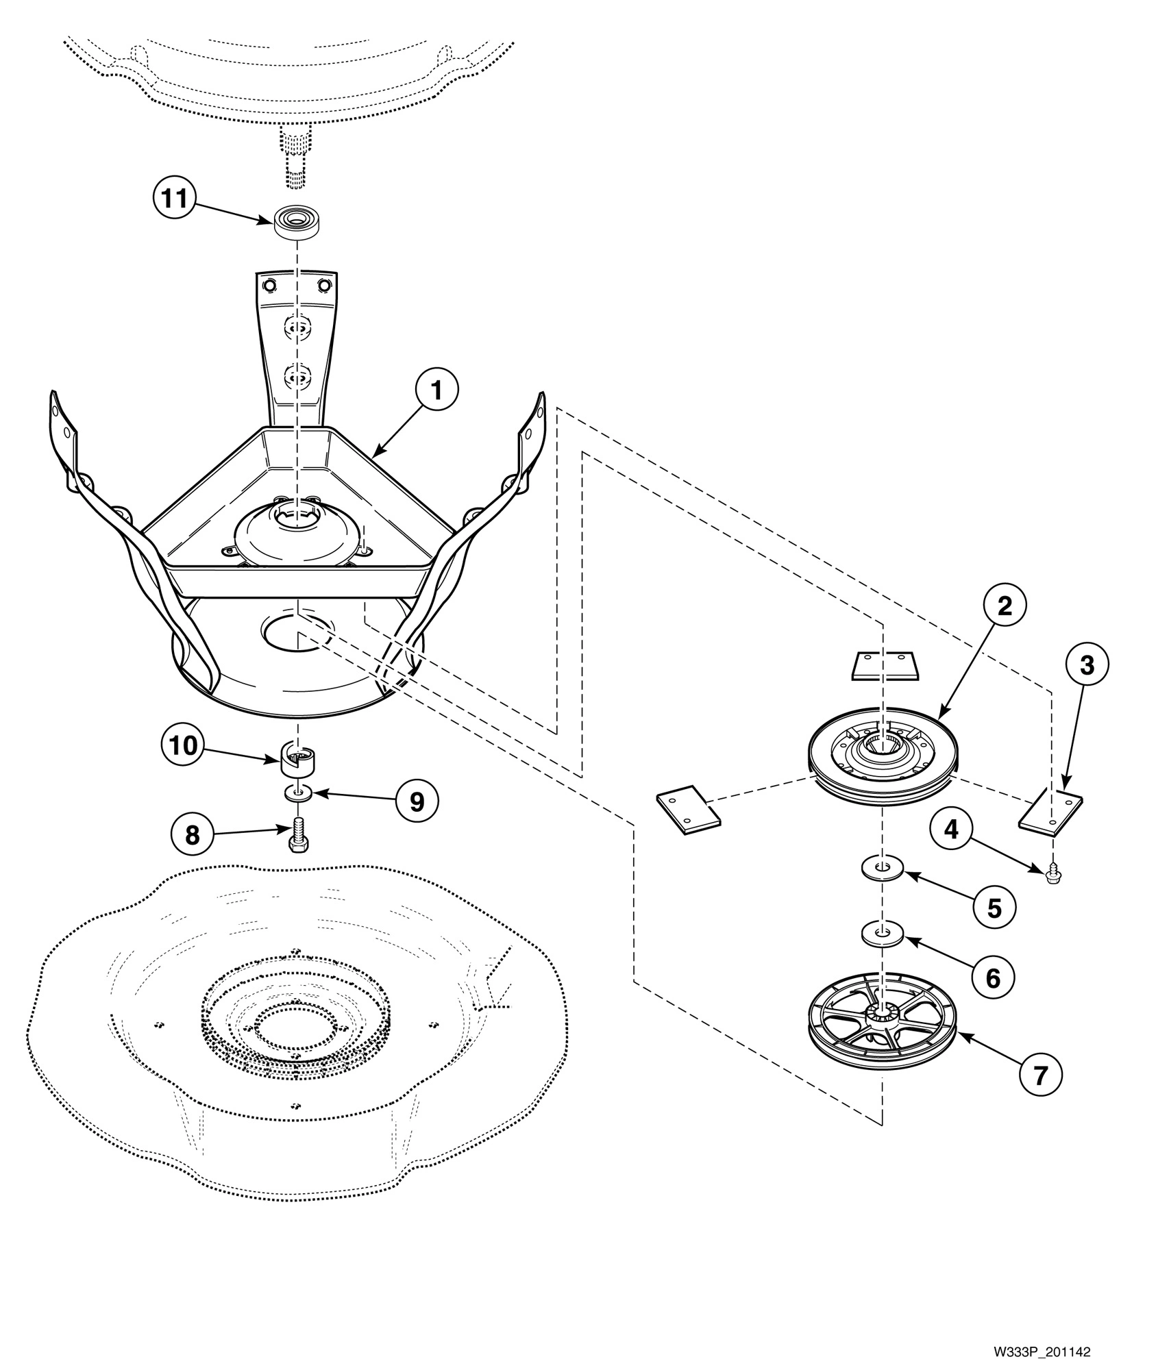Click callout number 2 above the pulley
(x=1004, y=606)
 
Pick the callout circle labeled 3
(x=1087, y=664)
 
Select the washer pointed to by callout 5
(x=883, y=869)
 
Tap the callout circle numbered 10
(x=183, y=745)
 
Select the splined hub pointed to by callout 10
(x=298, y=760)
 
